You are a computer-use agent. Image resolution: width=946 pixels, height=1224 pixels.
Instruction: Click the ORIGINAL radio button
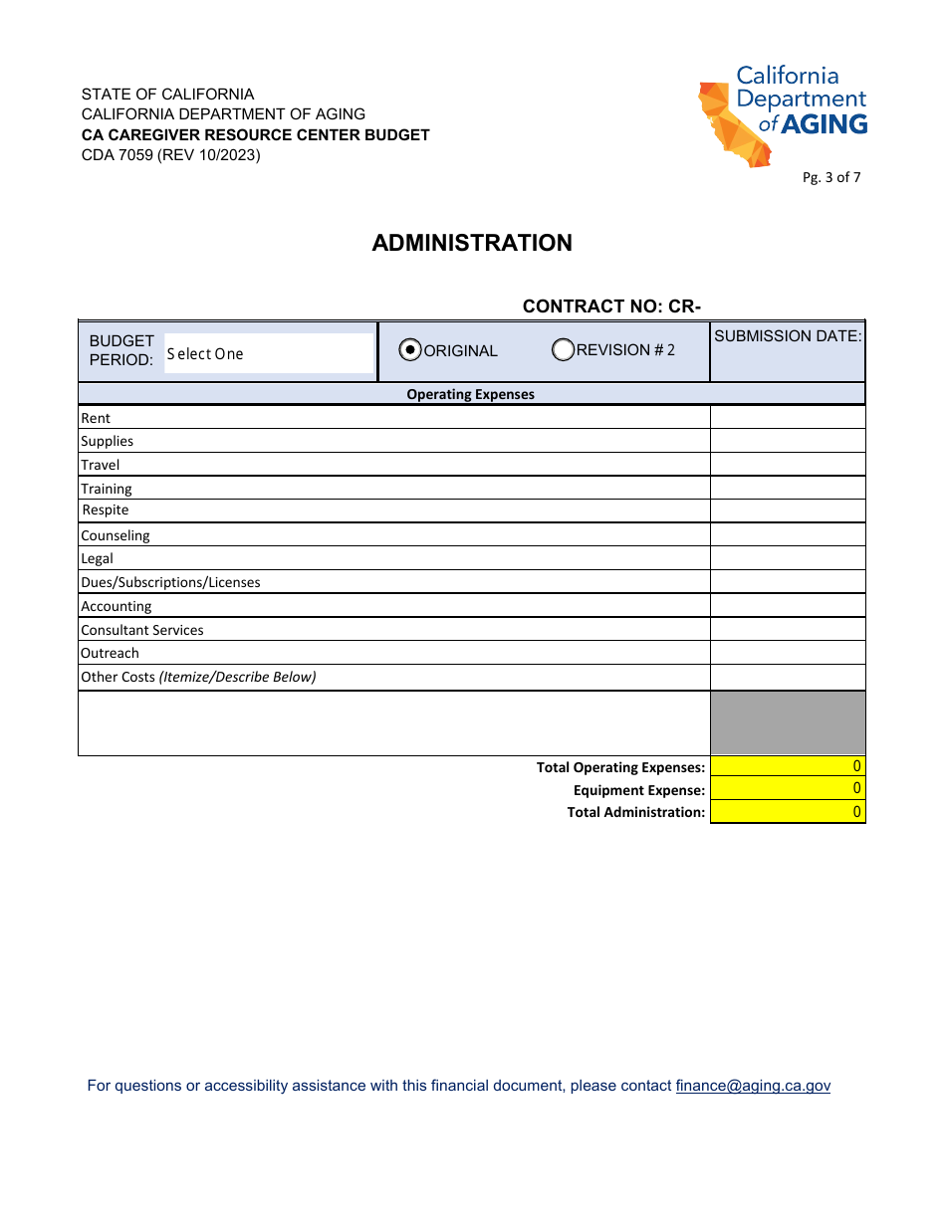click(410, 350)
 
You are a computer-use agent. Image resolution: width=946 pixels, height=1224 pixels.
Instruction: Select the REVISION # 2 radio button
click(563, 349)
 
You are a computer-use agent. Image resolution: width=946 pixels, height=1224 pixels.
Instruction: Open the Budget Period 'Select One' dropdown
click(268, 353)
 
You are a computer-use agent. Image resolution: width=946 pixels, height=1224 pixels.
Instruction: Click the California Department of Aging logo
click(783, 115)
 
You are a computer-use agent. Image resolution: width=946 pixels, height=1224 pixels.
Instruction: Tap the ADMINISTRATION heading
click(472, 243)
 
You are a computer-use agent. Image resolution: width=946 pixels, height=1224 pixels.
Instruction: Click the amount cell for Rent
click(787, 418)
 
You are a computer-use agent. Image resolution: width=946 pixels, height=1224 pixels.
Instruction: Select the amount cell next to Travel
click(787, 465)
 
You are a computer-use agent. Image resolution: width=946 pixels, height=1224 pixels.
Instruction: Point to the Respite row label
click(106, 510)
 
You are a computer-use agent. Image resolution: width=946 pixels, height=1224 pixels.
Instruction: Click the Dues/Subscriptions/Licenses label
click(170, 582)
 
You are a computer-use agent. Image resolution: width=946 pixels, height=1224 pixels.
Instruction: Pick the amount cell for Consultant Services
click(787, 630)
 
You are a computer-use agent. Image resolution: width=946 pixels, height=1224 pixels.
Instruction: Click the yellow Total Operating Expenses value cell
click(787, 766)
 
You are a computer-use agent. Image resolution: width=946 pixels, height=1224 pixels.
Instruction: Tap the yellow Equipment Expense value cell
click(787, 789)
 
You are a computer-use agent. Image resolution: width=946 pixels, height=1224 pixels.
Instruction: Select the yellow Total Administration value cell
click(787, 812)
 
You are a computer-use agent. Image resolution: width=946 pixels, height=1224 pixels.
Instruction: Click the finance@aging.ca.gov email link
click(752, 1086)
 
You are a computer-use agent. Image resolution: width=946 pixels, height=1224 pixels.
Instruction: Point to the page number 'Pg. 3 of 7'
click(831, 178)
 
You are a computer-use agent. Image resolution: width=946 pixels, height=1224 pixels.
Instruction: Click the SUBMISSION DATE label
click(787, 336)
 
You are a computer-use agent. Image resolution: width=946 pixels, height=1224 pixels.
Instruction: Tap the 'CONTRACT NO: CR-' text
click(612, 306)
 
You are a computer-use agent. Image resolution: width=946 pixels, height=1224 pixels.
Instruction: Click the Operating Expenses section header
click(470, 394)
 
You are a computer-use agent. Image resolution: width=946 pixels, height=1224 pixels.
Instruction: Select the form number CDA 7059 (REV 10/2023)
click(170, 154)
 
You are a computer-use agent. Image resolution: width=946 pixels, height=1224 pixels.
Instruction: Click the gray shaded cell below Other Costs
click(787, 722)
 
